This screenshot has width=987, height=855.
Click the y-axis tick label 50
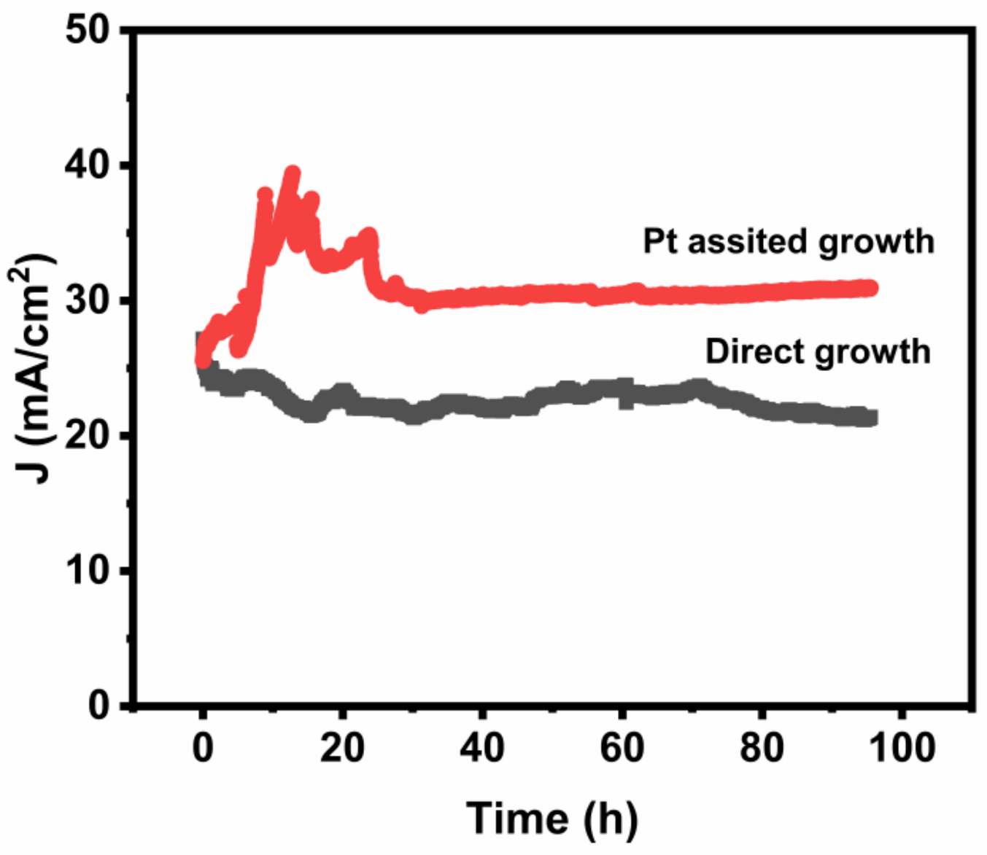tap(87, 31)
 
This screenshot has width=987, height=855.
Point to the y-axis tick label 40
tap(87, 166)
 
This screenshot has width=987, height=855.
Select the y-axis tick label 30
tap(87, 301)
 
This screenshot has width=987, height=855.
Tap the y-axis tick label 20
tap(87, 436)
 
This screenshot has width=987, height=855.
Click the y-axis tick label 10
tap(87, 571)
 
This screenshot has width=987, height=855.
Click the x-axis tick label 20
tap(342, 748)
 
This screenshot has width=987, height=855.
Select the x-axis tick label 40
tap(481, 748)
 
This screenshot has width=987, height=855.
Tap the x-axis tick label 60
tap(622, 748)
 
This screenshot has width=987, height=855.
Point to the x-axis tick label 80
tap(762, 748)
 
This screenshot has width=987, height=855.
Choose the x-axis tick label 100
tap(902, 748)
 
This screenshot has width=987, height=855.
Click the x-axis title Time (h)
tap(551, 818)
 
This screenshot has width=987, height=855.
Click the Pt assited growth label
tap(788, 242)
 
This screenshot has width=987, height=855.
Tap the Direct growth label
tap(817, 352)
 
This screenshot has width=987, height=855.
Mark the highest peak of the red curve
tap(293, 173)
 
